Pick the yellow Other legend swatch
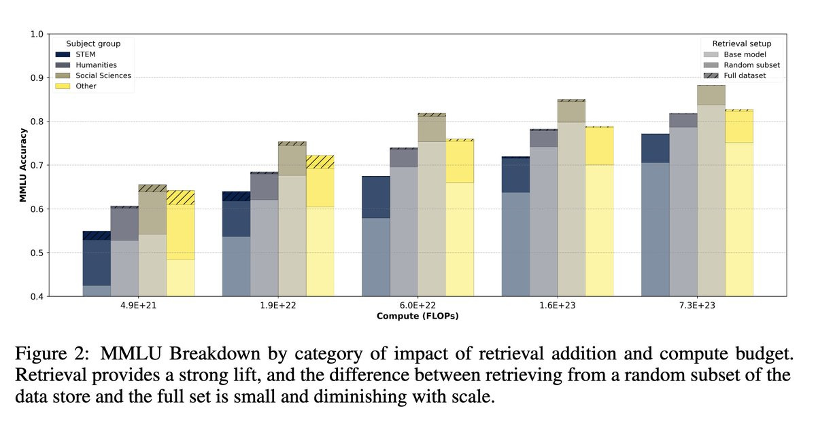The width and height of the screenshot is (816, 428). (62, 86)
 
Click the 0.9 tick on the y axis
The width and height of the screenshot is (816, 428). (37, 78)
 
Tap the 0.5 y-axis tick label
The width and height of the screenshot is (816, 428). (37, 253)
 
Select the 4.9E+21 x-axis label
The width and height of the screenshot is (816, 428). (139, 306)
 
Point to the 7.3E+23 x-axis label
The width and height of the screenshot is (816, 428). (696, 306)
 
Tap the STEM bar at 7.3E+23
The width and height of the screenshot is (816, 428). (655, 217)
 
